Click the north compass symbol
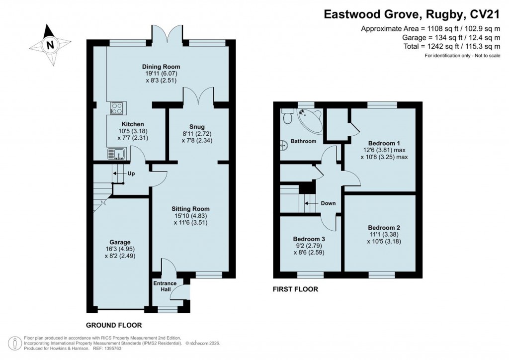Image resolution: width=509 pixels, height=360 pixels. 49,45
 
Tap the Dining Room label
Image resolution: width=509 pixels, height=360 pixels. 161,67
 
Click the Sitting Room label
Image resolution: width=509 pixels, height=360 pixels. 191,209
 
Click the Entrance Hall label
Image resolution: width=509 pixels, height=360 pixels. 164,286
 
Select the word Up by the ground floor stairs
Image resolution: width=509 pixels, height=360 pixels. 131,174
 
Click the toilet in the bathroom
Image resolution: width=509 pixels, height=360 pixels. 286,117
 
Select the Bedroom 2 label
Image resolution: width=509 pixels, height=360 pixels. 381,227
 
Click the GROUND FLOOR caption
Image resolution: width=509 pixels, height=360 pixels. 114,325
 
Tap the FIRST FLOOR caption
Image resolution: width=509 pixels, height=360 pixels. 295,289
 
